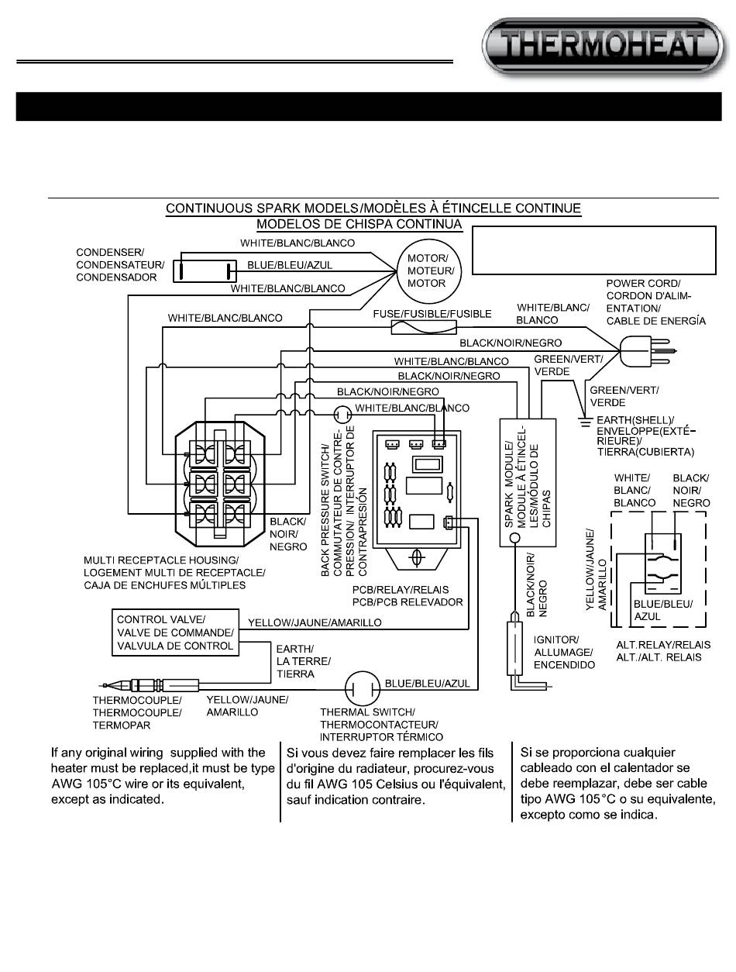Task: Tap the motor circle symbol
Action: pyautogui.click(x=428, y=271)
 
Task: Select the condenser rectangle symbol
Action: pyautogui.click(x=205, y=271)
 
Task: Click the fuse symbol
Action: pyautogui.click(x=424, y=328)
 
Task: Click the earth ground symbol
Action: pyautogui.click(x=585, y=422)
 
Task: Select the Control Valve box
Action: pyautogui.click(x=175, y=632)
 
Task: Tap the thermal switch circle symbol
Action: pyautogui.click(x=363, y=689)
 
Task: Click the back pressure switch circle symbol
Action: pyautogui.click(x=342, y=415)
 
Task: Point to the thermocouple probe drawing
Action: pyautogui.click(x=150, y=685)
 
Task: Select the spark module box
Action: pyautogui.click(x=528, y=482)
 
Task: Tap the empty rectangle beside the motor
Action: pyautogui.click(x=594, y=250)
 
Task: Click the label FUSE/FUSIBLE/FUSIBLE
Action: pyautogui.click(x=432, y=314)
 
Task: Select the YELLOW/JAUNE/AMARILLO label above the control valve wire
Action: pyautogui.click(x=315, y=622)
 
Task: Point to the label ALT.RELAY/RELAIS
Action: pyautogui.click(x=663, y=645)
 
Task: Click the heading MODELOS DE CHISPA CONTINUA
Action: pyautogui.click(x=359, y=224)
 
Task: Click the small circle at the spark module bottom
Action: pyautogui.click(x=514, y=538)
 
